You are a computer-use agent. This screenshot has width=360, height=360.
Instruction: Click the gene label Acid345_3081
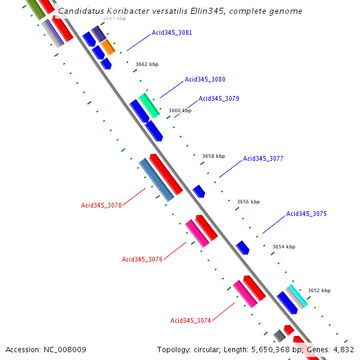(172, 32)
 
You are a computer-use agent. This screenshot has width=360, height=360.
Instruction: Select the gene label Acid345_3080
(205, 79)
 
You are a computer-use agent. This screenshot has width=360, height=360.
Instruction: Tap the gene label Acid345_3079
(218, 98)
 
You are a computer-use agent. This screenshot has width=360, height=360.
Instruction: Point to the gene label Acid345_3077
(263, 158)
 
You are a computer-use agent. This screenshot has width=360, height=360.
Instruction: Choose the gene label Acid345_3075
(306, 214)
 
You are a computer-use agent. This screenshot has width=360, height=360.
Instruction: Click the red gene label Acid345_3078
(101, 205)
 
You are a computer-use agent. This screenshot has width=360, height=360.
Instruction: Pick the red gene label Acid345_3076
(142, 259)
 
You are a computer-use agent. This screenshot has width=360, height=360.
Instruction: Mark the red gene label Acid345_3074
(191, 320)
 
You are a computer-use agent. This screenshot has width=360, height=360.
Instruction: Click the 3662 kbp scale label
(146, 64)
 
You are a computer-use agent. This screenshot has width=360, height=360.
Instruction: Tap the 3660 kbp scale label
(179, 110)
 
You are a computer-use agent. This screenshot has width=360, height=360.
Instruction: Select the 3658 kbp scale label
(214, 156)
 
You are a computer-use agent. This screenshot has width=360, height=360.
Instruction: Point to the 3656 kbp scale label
(248, 202)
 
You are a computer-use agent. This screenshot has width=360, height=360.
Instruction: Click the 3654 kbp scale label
(284, 247)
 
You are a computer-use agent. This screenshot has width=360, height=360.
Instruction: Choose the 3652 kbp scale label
(319, 290)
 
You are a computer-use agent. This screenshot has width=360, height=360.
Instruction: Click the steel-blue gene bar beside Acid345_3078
(156, 179)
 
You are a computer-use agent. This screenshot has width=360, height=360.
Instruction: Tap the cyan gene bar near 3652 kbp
(296, 296)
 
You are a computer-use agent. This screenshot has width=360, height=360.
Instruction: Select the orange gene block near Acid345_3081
(107, 47)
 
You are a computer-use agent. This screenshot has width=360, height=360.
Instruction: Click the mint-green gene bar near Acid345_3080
(149, 105)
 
